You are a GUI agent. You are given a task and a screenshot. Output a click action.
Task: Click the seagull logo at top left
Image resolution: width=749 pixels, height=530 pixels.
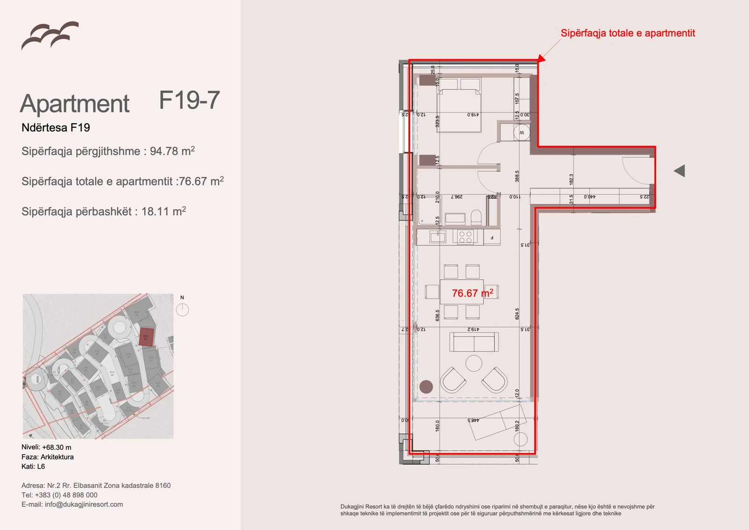click(x=50, y=35)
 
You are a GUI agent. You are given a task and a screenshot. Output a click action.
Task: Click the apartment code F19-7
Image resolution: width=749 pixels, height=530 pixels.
click(x=189, y=100)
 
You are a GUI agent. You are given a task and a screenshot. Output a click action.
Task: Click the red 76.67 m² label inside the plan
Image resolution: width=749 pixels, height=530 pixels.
click(x=472, y=293)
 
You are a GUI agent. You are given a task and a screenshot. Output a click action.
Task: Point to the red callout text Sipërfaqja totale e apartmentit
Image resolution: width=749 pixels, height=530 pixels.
click(x=627, y=33)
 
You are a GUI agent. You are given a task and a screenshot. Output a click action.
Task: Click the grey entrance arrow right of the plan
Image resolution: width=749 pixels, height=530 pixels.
click(x=680, y=171)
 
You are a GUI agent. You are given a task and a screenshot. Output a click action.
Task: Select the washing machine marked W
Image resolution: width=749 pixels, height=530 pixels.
click(x=521, y=133)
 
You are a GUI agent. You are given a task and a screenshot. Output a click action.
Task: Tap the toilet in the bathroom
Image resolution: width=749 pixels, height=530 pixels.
click(x=476, y=217)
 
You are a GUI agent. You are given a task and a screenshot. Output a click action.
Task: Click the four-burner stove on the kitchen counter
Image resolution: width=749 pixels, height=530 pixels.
click(x=465, y=237)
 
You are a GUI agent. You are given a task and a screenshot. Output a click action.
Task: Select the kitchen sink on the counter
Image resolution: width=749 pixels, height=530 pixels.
click(x=438, y=237)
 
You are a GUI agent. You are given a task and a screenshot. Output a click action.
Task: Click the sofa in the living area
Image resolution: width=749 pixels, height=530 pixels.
click(x=474, y=342)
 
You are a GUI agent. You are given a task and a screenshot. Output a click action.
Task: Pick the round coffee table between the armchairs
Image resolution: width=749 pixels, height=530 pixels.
click(x=474, y=363)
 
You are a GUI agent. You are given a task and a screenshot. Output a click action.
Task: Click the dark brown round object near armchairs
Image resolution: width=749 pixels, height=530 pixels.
click(x=426, y=387)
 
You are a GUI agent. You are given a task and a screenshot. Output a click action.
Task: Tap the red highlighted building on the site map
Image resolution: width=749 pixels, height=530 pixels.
click(x=146, y=336)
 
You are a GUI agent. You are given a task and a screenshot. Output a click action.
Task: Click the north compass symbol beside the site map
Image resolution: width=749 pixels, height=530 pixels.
click(x=182, y=310)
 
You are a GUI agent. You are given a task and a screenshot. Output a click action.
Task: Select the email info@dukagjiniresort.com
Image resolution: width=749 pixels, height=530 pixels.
click(x=84, y=505)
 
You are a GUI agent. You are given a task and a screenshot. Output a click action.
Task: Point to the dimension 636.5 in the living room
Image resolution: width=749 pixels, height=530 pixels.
click(x=438, y=315)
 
